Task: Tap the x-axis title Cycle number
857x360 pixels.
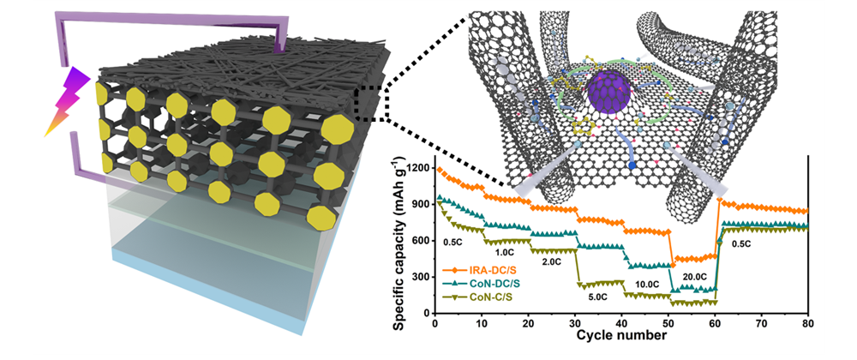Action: coord(621,334)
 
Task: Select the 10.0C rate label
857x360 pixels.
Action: coord(646,283)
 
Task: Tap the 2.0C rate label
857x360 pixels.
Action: coord(552,261)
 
